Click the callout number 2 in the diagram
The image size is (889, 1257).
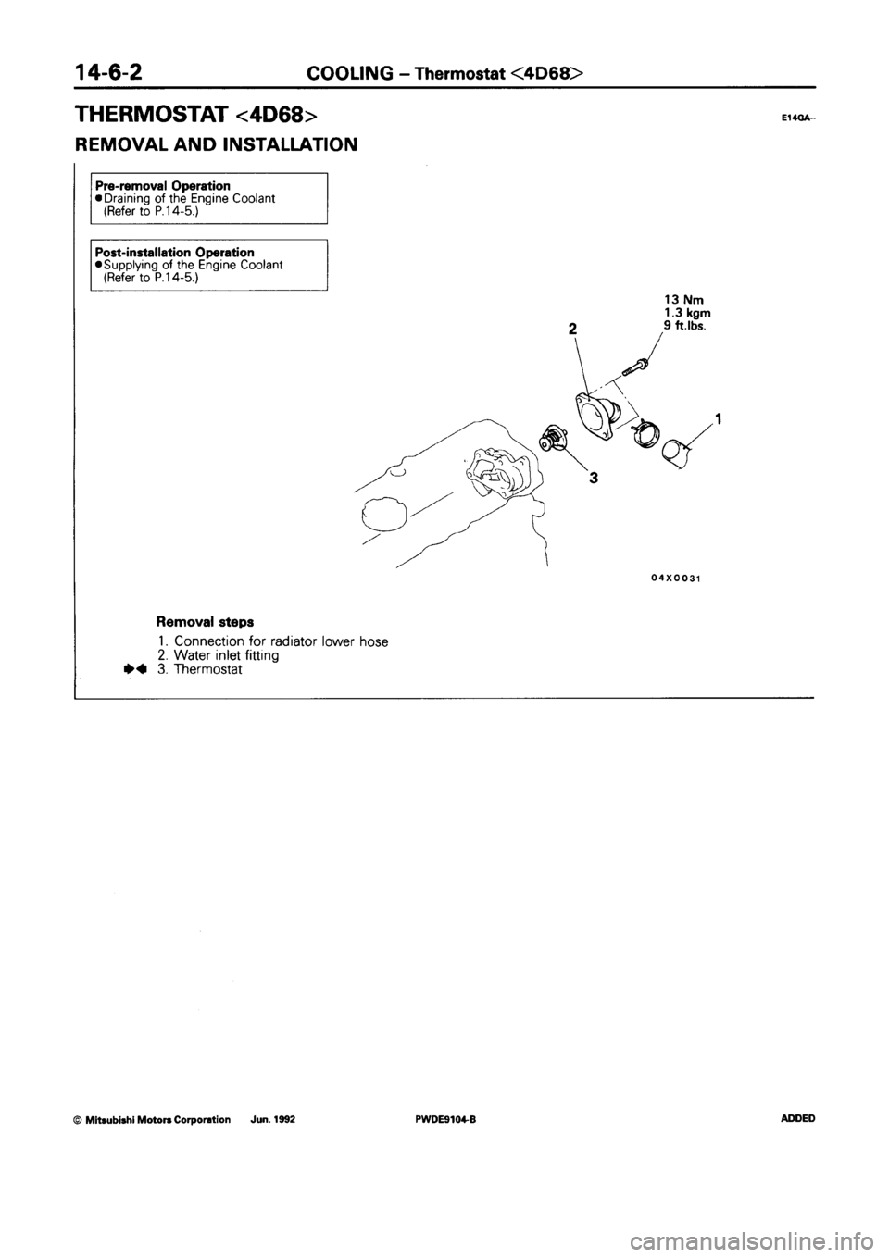pyautogui.click(x=573, y=328)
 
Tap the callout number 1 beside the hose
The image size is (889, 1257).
pyautogui.click(x=719, y=417)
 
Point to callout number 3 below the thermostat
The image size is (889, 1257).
pyautogui.click(x=593, y=479)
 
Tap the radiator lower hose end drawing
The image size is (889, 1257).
pyautogui.click(x=678, y=453)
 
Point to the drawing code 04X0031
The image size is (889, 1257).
pyautogui.click(x=675, y=578)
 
